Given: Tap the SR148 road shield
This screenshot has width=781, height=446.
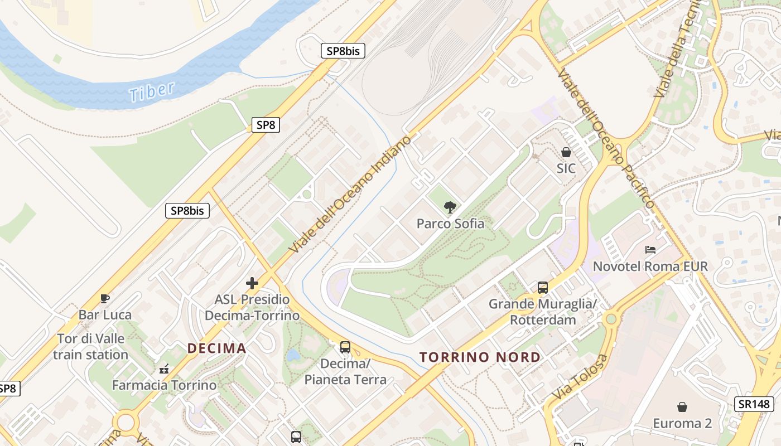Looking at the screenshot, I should (x=754, y=404).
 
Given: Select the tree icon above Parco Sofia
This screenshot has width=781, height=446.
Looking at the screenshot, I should (x=450, y=208).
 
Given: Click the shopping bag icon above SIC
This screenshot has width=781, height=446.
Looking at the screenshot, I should (x=566, y=152).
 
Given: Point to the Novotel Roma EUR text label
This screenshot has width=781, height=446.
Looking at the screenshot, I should (x=650, y=266).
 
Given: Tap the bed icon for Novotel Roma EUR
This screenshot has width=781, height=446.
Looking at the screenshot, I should (x=650, y=249).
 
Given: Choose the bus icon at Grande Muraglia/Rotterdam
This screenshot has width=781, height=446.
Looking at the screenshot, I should (x=543, y=288).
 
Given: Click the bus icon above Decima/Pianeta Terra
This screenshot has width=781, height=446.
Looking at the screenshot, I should (x=345, y=347).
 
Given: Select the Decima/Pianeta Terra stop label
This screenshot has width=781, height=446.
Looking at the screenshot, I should (x=345, y=372).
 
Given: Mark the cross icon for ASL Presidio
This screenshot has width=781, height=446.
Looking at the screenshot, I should (x=252, y=283).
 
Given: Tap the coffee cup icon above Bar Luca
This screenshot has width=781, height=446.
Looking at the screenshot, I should (x=105, y=298).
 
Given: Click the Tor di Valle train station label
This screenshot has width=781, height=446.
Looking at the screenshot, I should (x=91, y=347).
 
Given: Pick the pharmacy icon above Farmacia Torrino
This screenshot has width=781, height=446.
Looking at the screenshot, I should (x=164, y=369).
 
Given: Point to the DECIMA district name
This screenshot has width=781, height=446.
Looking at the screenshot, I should (x=216, y=348).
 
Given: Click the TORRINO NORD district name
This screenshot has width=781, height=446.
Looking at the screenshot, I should (x=480, y=357).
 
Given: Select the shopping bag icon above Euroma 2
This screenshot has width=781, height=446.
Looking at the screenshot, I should (x=682, y=407).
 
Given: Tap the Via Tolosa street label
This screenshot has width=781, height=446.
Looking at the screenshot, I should (x=580, y=377).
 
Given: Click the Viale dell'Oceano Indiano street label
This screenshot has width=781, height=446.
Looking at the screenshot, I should (x=350, y=193).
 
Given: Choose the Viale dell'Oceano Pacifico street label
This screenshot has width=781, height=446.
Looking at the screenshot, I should (x=605, y=139).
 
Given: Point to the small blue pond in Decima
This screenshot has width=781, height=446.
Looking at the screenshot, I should (x=293, y=355).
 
